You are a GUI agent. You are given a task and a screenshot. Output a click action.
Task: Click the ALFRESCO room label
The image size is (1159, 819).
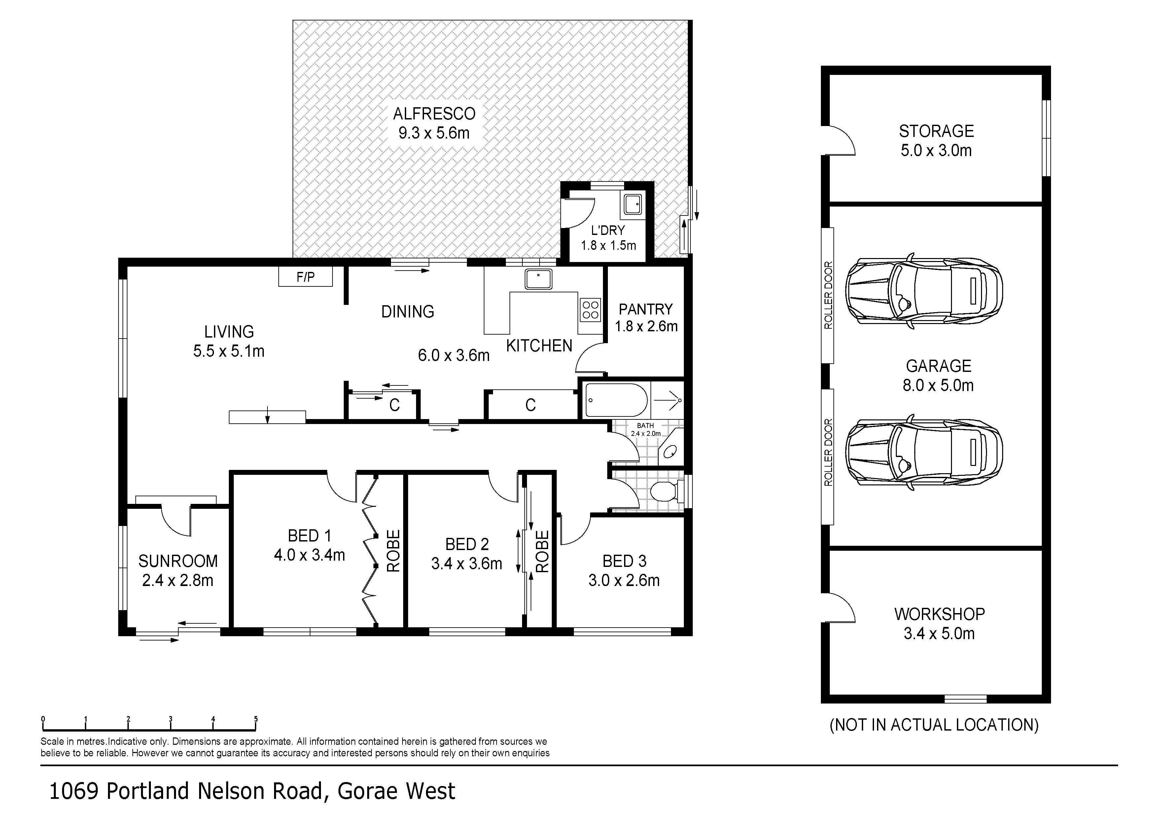point(434,114)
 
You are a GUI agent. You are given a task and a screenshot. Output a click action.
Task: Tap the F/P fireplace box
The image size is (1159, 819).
point(305,277)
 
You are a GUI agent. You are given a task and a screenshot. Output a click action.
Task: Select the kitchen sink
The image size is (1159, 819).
point(538,279)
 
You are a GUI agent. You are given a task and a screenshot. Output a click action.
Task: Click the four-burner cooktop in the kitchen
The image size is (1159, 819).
point(590,310)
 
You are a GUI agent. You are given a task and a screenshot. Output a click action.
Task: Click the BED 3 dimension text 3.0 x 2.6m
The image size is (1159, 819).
point(624,580)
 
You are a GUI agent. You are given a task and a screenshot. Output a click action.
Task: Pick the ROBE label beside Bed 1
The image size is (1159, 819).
point(393,551)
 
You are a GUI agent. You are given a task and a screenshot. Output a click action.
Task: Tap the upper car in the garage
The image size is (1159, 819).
point(924,291)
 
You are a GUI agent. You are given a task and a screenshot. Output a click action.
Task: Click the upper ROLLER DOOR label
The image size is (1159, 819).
point(828,295)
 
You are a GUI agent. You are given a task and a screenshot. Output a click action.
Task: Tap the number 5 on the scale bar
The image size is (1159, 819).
point(256,719)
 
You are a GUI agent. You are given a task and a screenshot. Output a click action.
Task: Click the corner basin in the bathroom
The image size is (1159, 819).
point(671,450)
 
